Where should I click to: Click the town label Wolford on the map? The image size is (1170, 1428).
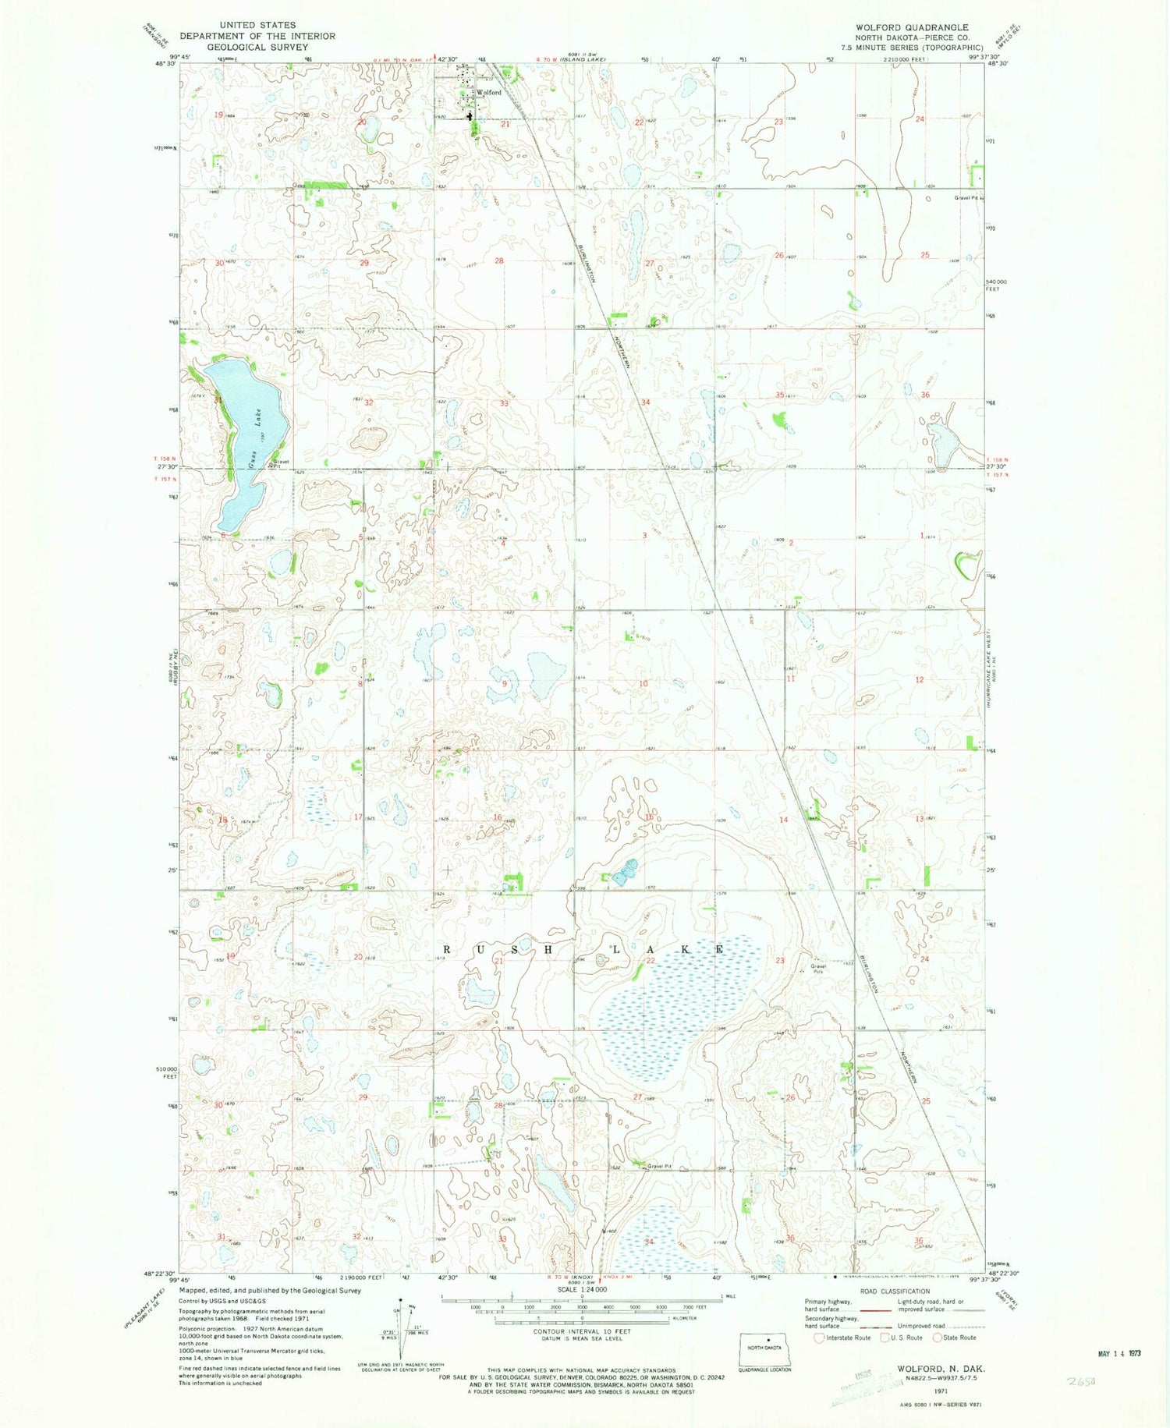[x=489, y=93]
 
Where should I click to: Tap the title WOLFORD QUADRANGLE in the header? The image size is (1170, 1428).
[x=911, y=27]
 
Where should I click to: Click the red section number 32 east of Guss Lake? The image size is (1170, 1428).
[x=368, y=403]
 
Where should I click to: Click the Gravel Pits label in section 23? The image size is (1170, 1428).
[x=817, y=969]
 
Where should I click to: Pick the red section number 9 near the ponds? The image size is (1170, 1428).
[x=504, y=684]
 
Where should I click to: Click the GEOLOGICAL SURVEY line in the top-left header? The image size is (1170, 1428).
[x=257, y=47]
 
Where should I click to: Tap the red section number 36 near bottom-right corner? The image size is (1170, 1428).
[x=918, y=1241]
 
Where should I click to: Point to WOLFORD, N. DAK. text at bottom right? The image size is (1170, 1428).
[x=940, y=1369]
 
